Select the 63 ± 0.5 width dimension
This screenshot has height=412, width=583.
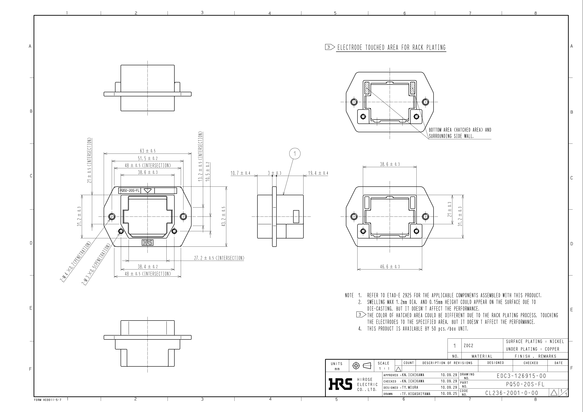148,151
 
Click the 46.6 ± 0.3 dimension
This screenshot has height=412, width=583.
390,267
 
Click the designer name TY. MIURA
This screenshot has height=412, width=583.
410,387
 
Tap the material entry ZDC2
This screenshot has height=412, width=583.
468,345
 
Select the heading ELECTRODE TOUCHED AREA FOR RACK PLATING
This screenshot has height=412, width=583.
391,47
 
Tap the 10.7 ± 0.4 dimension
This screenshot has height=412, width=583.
240,173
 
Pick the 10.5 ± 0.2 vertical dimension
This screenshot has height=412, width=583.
208,171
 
